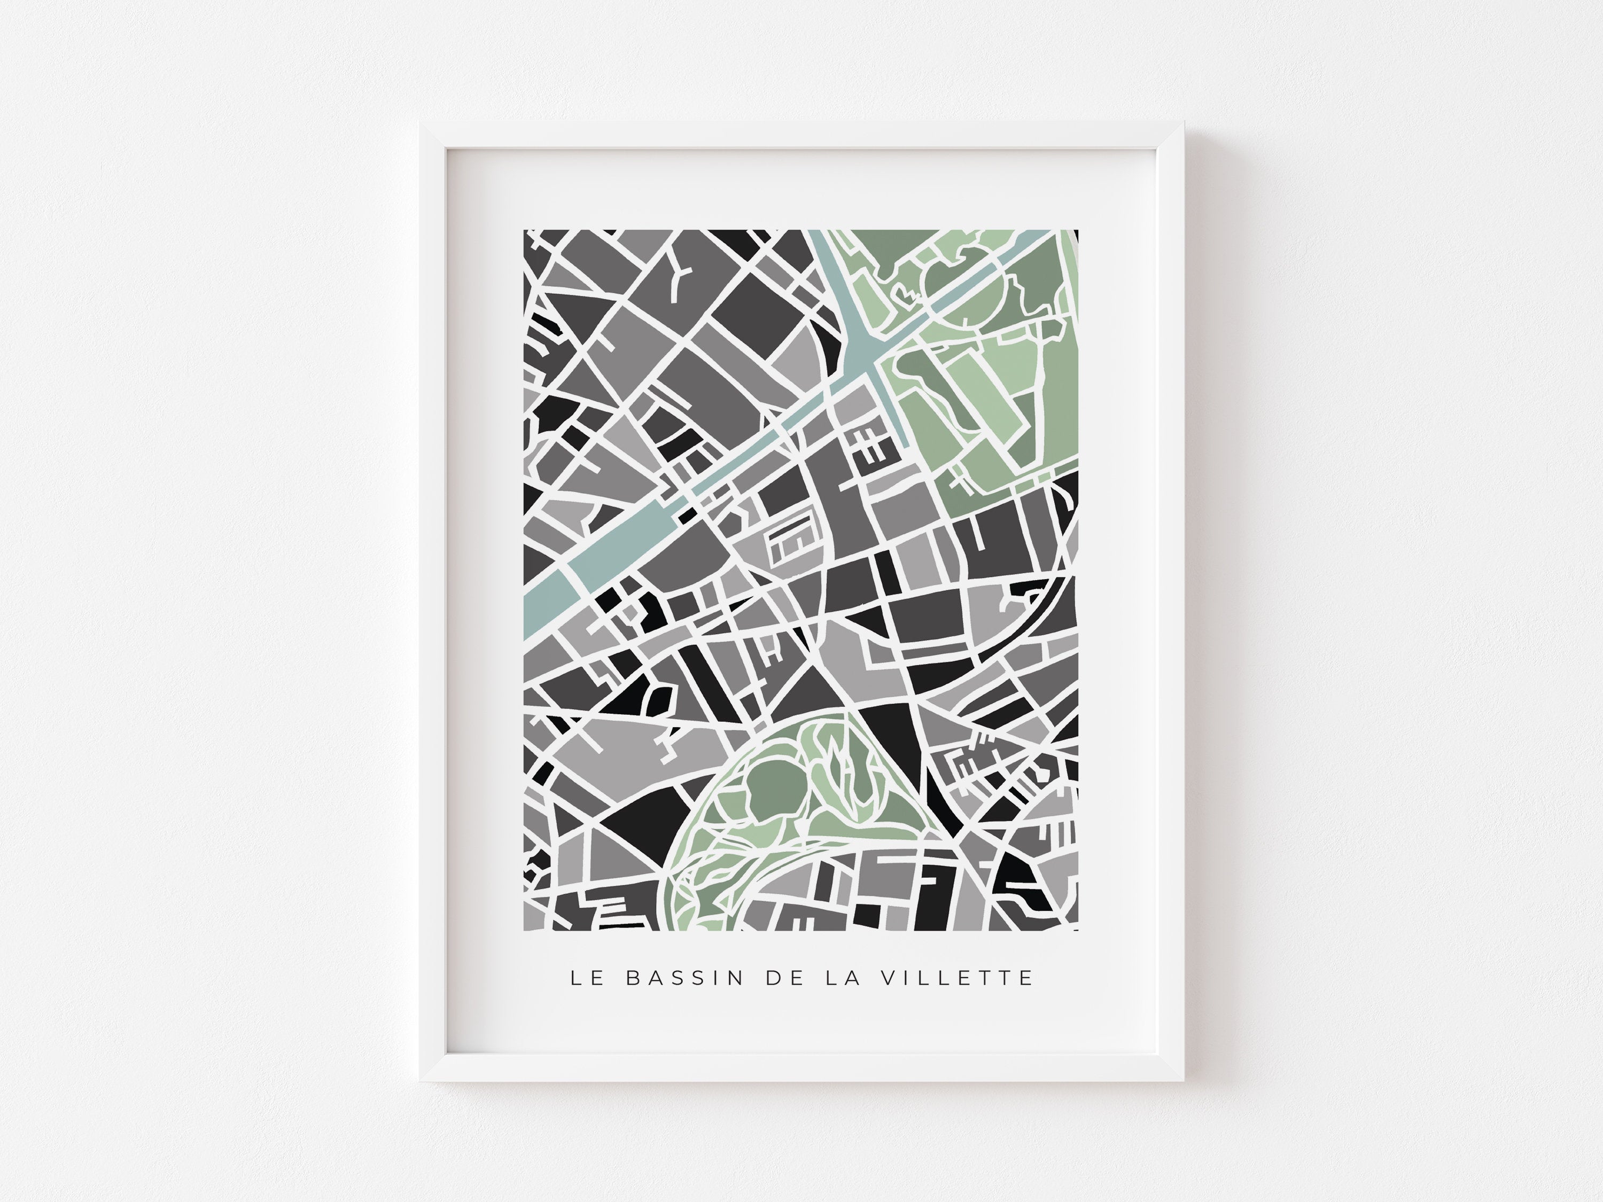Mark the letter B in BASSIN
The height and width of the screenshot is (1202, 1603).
[632, 978]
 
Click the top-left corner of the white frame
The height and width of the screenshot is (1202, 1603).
[421, 124]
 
